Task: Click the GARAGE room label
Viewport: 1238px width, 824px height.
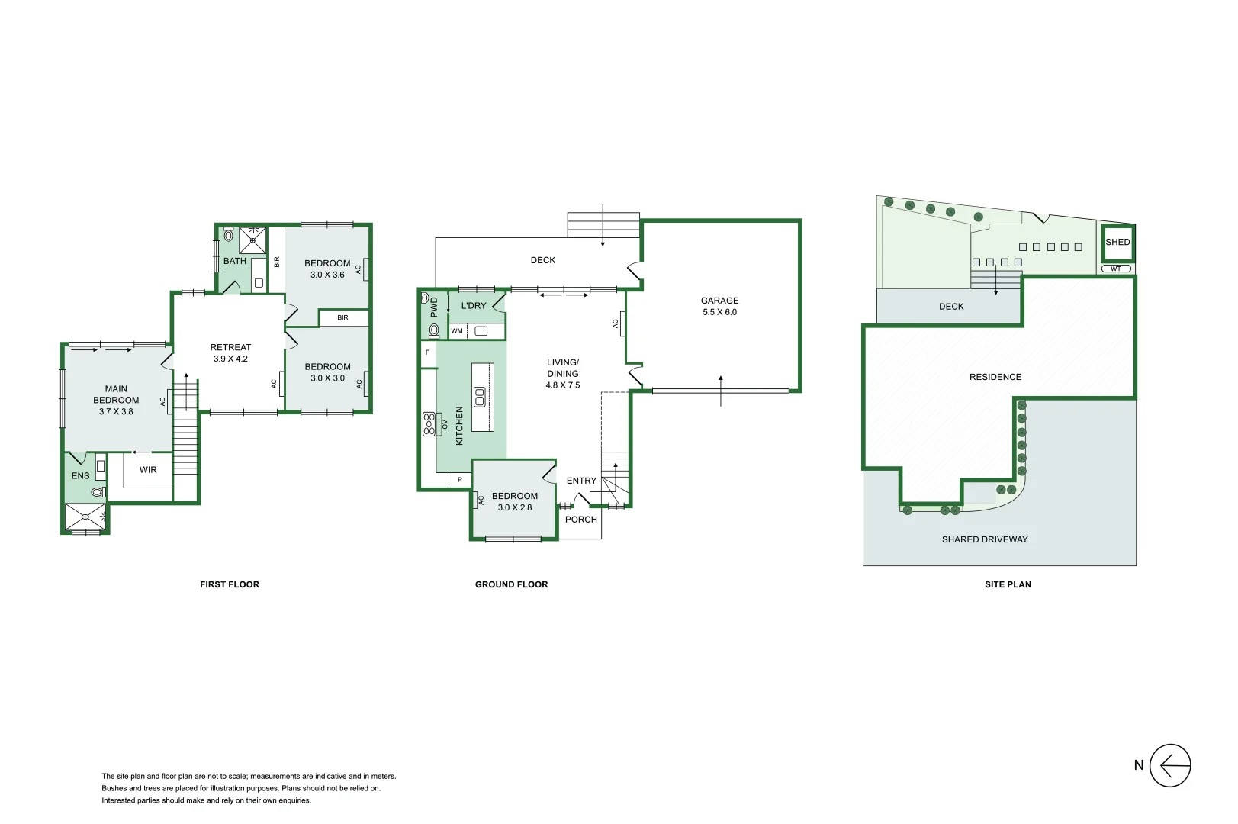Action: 719,301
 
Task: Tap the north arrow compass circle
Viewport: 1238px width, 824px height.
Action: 1169,765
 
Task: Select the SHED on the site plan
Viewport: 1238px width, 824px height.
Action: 1117,242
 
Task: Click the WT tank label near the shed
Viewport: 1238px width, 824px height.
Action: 1116,269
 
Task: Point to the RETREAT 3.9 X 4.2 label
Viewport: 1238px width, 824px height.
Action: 230,352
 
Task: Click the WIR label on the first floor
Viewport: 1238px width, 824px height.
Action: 148,470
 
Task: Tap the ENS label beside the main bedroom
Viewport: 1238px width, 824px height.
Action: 80,475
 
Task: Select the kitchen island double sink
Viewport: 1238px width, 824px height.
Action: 480,397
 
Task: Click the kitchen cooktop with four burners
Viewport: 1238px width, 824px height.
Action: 429,424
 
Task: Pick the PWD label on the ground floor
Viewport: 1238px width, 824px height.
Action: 434,307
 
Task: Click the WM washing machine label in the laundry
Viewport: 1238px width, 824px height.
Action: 457,331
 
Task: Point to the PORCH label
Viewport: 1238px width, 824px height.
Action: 580,520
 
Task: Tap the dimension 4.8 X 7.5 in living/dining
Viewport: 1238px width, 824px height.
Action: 562,385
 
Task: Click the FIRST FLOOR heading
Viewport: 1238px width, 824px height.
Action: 230,584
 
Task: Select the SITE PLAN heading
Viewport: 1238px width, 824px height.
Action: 1008,584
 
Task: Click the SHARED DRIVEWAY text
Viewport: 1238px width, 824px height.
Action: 984,539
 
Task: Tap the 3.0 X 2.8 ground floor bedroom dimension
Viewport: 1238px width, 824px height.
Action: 515,507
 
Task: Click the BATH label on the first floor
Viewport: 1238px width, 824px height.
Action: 235,261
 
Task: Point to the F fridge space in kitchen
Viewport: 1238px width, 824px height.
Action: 427,352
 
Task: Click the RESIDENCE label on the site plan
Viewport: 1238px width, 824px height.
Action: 995,377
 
